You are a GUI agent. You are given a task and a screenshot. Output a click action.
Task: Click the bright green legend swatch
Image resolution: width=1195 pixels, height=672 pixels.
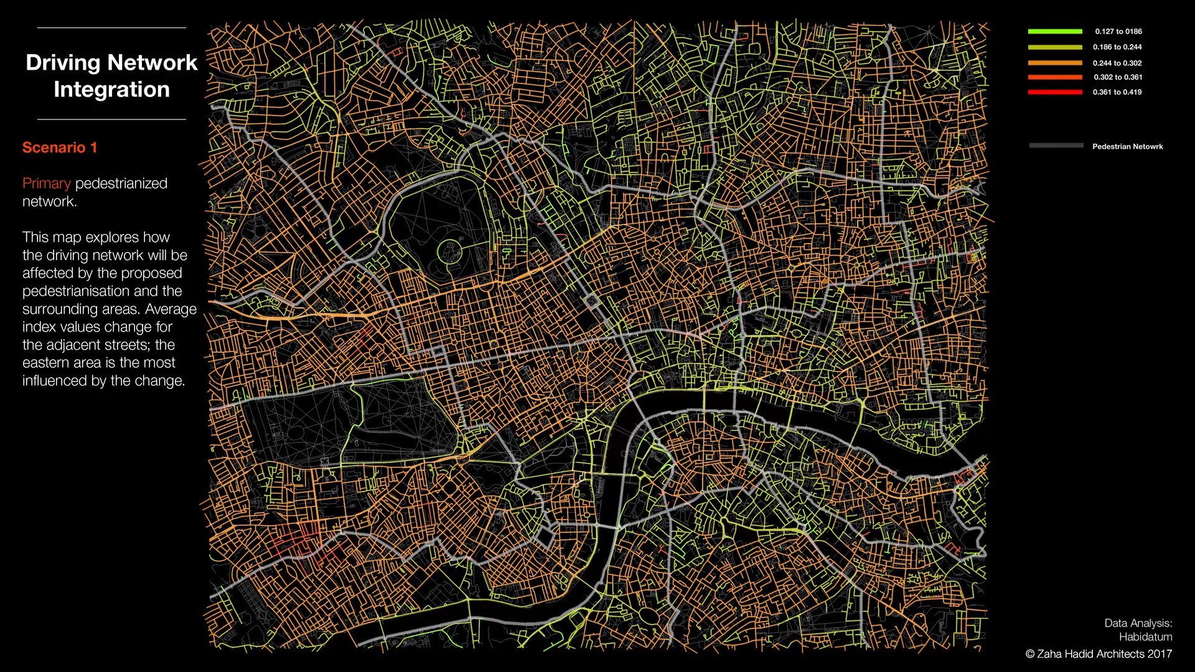(x=1055, y=31)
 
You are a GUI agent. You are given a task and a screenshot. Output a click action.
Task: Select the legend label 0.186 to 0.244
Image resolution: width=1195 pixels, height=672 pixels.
(x=1117, y=47)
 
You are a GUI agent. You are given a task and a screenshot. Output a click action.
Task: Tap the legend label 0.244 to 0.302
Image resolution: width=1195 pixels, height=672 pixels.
(x=1117, y=63)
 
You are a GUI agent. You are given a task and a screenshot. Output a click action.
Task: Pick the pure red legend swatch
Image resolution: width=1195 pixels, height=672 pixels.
(x=1055, y=92)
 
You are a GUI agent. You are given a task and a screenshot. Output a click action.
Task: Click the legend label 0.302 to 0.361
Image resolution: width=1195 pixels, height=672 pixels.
(x=1118, y=77)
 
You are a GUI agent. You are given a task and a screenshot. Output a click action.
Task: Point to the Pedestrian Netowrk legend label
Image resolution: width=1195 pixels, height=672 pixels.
(x=1127, y=147)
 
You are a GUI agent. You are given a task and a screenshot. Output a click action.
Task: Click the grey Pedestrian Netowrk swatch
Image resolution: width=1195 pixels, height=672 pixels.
(x=1056, y=146)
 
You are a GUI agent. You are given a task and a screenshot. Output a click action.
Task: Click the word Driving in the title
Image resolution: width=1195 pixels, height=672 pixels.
(x=62, y=63)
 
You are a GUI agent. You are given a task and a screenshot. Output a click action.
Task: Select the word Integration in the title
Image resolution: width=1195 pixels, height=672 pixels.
(x=111, y=90)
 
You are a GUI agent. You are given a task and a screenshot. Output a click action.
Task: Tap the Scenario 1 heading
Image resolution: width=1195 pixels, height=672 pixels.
(x=60, y=147)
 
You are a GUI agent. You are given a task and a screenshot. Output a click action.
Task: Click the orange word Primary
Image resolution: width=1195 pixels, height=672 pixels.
(x=47, y=184)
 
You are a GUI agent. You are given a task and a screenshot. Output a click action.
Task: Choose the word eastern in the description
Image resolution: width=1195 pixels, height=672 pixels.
(x=47, y=363)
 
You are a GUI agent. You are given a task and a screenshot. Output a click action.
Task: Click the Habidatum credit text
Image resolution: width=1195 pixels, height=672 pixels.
(x=1145, y=637)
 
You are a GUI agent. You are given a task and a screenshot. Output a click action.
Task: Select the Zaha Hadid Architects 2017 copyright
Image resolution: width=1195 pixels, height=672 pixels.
(x=1099, y=654)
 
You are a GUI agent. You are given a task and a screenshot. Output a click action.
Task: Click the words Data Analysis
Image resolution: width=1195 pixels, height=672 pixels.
(x=1138, y=623)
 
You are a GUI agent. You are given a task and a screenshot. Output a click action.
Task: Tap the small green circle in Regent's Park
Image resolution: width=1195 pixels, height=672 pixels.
(x=449, y=252)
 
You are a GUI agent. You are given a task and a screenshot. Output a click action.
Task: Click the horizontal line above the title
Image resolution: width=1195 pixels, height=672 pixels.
(x=111, y=28)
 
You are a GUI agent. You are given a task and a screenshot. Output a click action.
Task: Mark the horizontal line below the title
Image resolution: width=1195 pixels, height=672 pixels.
(x=111, y=119)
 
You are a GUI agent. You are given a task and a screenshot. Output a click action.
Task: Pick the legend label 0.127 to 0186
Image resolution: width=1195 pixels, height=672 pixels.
(x=1118, y=32)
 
